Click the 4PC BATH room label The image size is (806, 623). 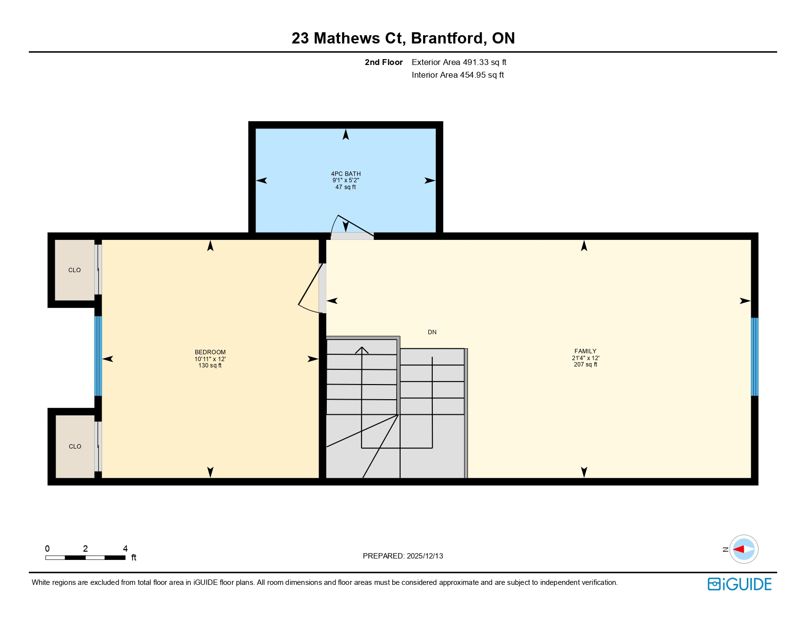point(345,174)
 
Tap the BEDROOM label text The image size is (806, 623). point(210,352)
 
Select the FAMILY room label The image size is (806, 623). point(585,351)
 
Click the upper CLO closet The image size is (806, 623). point(74,270)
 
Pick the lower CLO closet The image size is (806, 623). point(75,447)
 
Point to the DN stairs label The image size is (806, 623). point(432,332)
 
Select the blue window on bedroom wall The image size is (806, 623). point(98,356)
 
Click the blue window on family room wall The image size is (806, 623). point(754,357)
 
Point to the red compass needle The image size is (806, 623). point(739,549)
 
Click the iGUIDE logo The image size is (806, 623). point(740,584)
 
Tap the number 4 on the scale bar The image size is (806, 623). point(125,549)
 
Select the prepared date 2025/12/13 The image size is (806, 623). point(424,556)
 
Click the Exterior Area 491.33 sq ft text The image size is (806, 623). point(459,63)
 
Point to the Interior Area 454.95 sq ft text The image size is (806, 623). point(458,75)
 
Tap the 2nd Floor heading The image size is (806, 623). point(383,63)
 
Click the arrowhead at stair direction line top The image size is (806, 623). point(361,349)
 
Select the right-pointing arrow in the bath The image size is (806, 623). point(429,181)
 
